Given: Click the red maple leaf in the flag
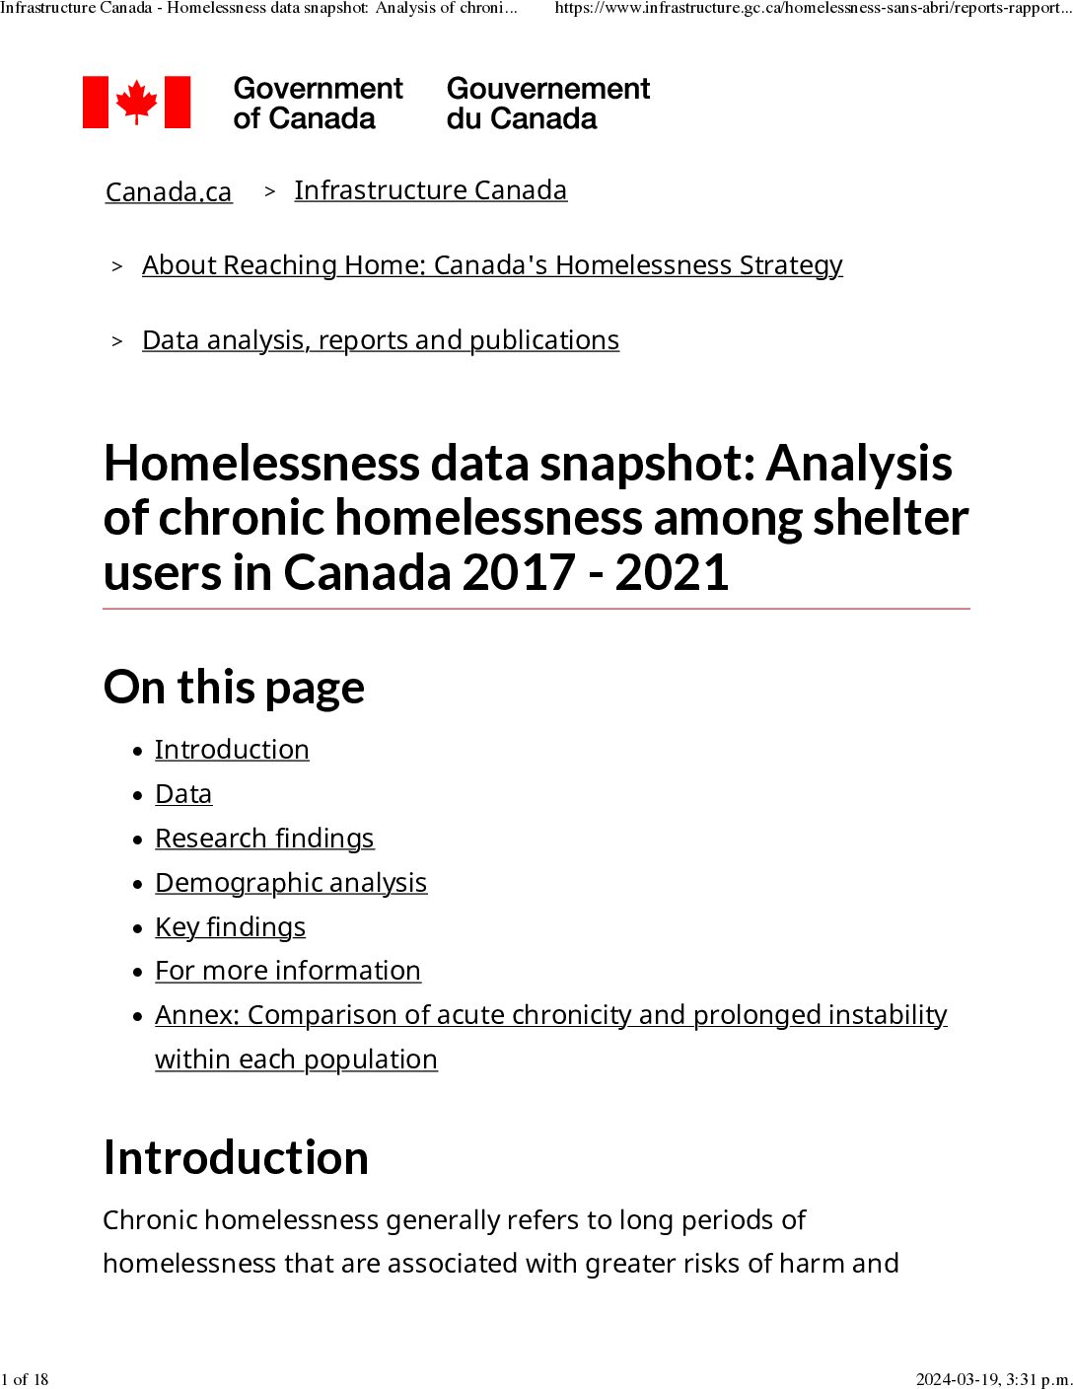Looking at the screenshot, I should [136, 103].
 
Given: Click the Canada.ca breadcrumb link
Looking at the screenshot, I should [169, 191].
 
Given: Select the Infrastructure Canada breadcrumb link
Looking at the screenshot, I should [430, 190].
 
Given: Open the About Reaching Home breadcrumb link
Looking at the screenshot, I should [492, 265].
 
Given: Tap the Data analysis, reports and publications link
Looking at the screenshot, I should [381, 340].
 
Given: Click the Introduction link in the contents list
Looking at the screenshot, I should [232, 750].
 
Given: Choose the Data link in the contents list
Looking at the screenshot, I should [183, 794].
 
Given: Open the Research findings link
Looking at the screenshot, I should [264, 839].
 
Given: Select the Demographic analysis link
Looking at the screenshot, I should [291, 883].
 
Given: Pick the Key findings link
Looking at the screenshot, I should [230, 927].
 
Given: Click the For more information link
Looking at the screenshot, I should [288, 971].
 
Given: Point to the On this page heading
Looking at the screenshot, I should [234, 688].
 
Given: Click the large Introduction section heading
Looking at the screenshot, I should [236, 1158].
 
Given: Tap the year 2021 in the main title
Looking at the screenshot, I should [672, 573].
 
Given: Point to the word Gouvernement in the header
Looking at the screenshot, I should [548, 89].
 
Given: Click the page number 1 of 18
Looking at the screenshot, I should [25, 1379].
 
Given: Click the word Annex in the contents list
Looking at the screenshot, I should [196, 1015].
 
